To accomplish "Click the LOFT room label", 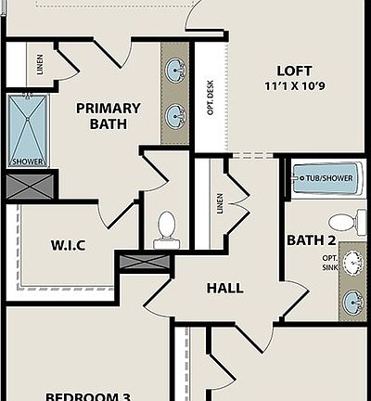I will coord(294,71).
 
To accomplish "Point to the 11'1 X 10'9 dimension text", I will coord(294,86).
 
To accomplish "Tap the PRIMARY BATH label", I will coord(108,116).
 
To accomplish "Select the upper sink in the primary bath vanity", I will coord(174,70).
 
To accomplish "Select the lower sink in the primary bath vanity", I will coord(174,115).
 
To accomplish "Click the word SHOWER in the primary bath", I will coord(29,162).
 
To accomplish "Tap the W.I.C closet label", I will coord(68,246).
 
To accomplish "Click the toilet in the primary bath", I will coord(167,228).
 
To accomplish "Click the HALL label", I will coord(224,288).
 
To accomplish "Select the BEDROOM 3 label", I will coord(87,396).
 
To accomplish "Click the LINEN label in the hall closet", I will coord(220,203).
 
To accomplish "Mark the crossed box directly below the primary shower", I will coord(31,186).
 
